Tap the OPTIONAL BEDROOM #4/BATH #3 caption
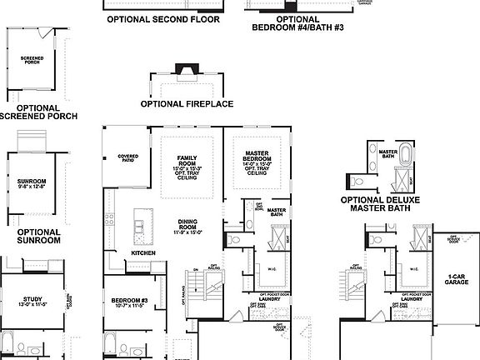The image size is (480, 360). click(297, 22)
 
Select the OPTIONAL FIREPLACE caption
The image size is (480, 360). click(187, 104)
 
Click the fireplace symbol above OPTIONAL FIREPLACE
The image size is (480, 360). click(182, 70)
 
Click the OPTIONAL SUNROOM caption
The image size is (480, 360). click(38, 236)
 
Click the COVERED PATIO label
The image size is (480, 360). click(127, 158)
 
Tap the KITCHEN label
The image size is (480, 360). click(142, 253)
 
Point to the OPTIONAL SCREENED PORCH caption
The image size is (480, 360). click(38, 112)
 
